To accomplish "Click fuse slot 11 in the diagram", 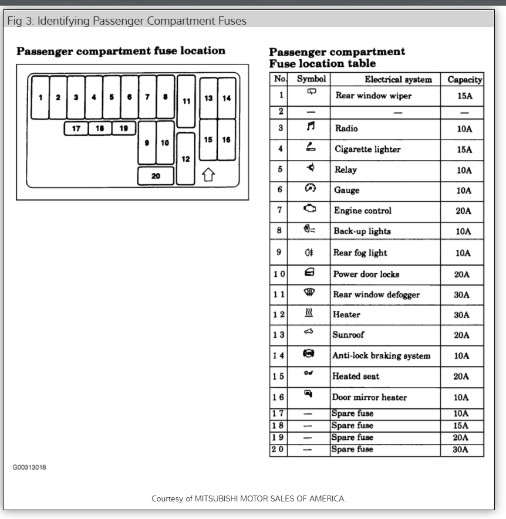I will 186,101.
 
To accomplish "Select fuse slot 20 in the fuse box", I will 156,176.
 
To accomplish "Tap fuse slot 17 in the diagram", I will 76,128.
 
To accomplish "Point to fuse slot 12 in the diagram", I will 185,158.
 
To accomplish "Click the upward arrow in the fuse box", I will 208,175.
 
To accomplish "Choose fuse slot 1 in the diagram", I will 40,97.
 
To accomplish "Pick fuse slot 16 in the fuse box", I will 226,140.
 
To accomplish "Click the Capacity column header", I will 464,80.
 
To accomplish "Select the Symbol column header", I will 311,79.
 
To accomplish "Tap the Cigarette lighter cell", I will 367,150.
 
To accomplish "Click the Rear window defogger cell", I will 376,295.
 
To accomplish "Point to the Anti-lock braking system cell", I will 381,356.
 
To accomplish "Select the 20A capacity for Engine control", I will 464,211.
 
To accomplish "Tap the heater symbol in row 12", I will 309,314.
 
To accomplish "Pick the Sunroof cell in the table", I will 349,335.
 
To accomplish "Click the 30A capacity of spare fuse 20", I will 462,450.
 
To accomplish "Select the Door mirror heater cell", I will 369,398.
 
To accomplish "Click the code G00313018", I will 29,468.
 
